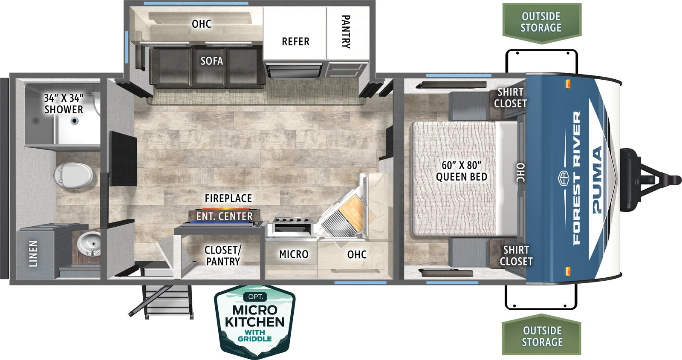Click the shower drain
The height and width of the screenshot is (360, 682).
[x=75, y=121]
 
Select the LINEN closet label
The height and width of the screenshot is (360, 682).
[x=33, y=254]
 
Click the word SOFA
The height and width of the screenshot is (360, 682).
[x=212, y=61]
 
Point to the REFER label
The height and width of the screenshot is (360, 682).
[x=295, y=42]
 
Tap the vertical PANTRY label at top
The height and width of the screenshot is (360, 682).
[x=346, y=32]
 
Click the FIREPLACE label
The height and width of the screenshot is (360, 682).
[x=228, y=199]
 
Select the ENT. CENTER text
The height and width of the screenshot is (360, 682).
[x=224, y=216]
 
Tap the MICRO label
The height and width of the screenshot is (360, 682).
[x=294, y=254]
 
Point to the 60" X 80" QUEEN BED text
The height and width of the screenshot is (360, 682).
[x=461, y=171]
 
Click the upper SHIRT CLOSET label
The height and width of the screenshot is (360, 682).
[x=510, y=98]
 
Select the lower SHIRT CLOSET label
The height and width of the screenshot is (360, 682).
[x=516, y=256]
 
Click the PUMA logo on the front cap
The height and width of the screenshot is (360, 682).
[x=598, y=179]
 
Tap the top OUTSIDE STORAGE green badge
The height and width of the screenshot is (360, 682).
[x=541, y=22]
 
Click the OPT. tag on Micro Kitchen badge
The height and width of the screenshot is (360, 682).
[x=255, y=297]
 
